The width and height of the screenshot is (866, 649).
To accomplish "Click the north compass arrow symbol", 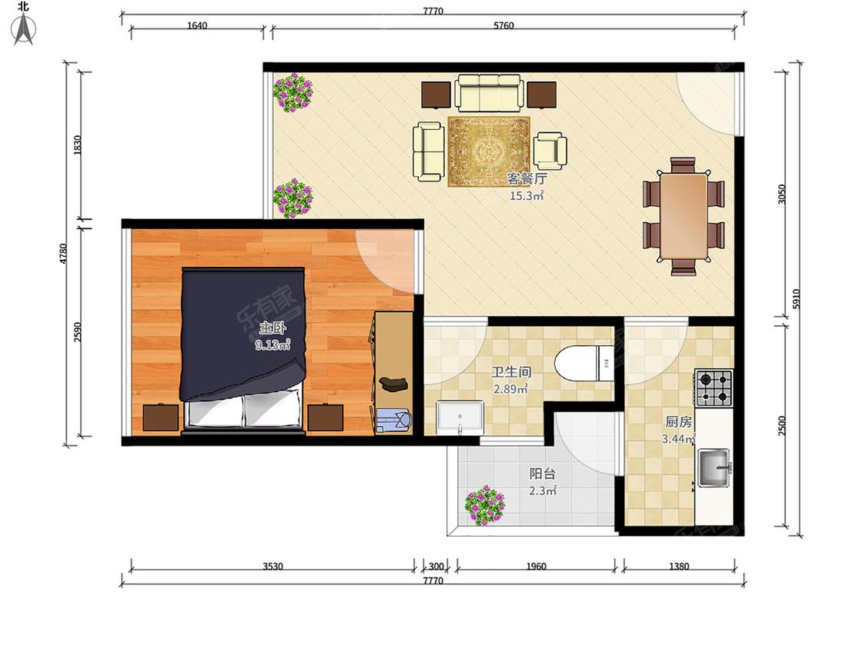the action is point(24,28).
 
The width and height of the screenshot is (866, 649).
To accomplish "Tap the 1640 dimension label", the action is point(197,25).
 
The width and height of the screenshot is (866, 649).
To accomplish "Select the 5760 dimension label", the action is point(503,25).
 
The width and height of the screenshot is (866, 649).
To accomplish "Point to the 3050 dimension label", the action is point(781,194).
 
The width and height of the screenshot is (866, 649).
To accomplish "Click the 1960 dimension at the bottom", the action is point(536,566).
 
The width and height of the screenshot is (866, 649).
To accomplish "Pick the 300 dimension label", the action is point(436,566).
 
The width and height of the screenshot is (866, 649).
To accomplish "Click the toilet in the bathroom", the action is point(584,363).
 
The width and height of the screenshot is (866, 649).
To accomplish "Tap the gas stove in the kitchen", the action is point(714,388).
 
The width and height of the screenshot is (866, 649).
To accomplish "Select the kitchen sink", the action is point(714,468).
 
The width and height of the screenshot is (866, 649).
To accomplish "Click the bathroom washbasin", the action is point(460,418).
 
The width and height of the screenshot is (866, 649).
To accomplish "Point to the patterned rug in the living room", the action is point(489,151).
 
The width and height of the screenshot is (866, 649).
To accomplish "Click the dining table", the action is point(684,216).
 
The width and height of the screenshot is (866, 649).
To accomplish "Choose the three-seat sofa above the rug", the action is point(489,93).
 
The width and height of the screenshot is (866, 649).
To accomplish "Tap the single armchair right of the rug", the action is point(550,150).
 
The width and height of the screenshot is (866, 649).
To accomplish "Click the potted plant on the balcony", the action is point(484,505).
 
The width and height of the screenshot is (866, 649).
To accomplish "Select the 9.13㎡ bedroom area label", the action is point(273,345).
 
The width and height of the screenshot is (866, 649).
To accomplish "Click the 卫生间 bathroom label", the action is point(511,371).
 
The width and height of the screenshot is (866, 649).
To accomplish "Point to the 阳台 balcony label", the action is point(543,474).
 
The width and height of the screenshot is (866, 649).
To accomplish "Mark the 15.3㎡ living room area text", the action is point(527,195).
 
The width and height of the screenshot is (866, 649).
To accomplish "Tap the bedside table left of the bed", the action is point(161,418).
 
